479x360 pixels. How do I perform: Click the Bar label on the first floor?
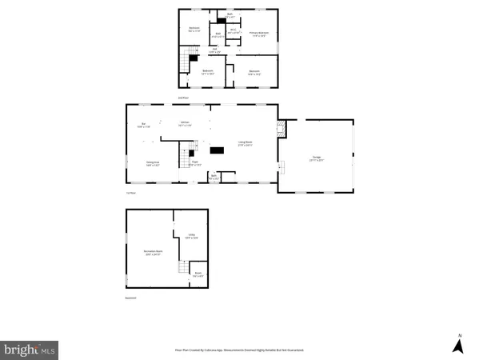[144, 125]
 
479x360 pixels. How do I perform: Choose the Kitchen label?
[185, 124]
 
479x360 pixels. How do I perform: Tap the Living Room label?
[245, 144]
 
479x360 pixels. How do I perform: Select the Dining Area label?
[152, 163]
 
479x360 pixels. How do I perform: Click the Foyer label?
[194, 164]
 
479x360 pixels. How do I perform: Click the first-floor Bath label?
[214, 176]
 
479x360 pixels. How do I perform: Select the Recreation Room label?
[153, 253]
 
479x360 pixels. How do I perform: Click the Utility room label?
[191, 236]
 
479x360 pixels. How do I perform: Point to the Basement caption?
[130, 298]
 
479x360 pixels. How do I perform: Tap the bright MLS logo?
[30, 349]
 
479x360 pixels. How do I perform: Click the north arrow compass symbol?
[459, 345]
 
